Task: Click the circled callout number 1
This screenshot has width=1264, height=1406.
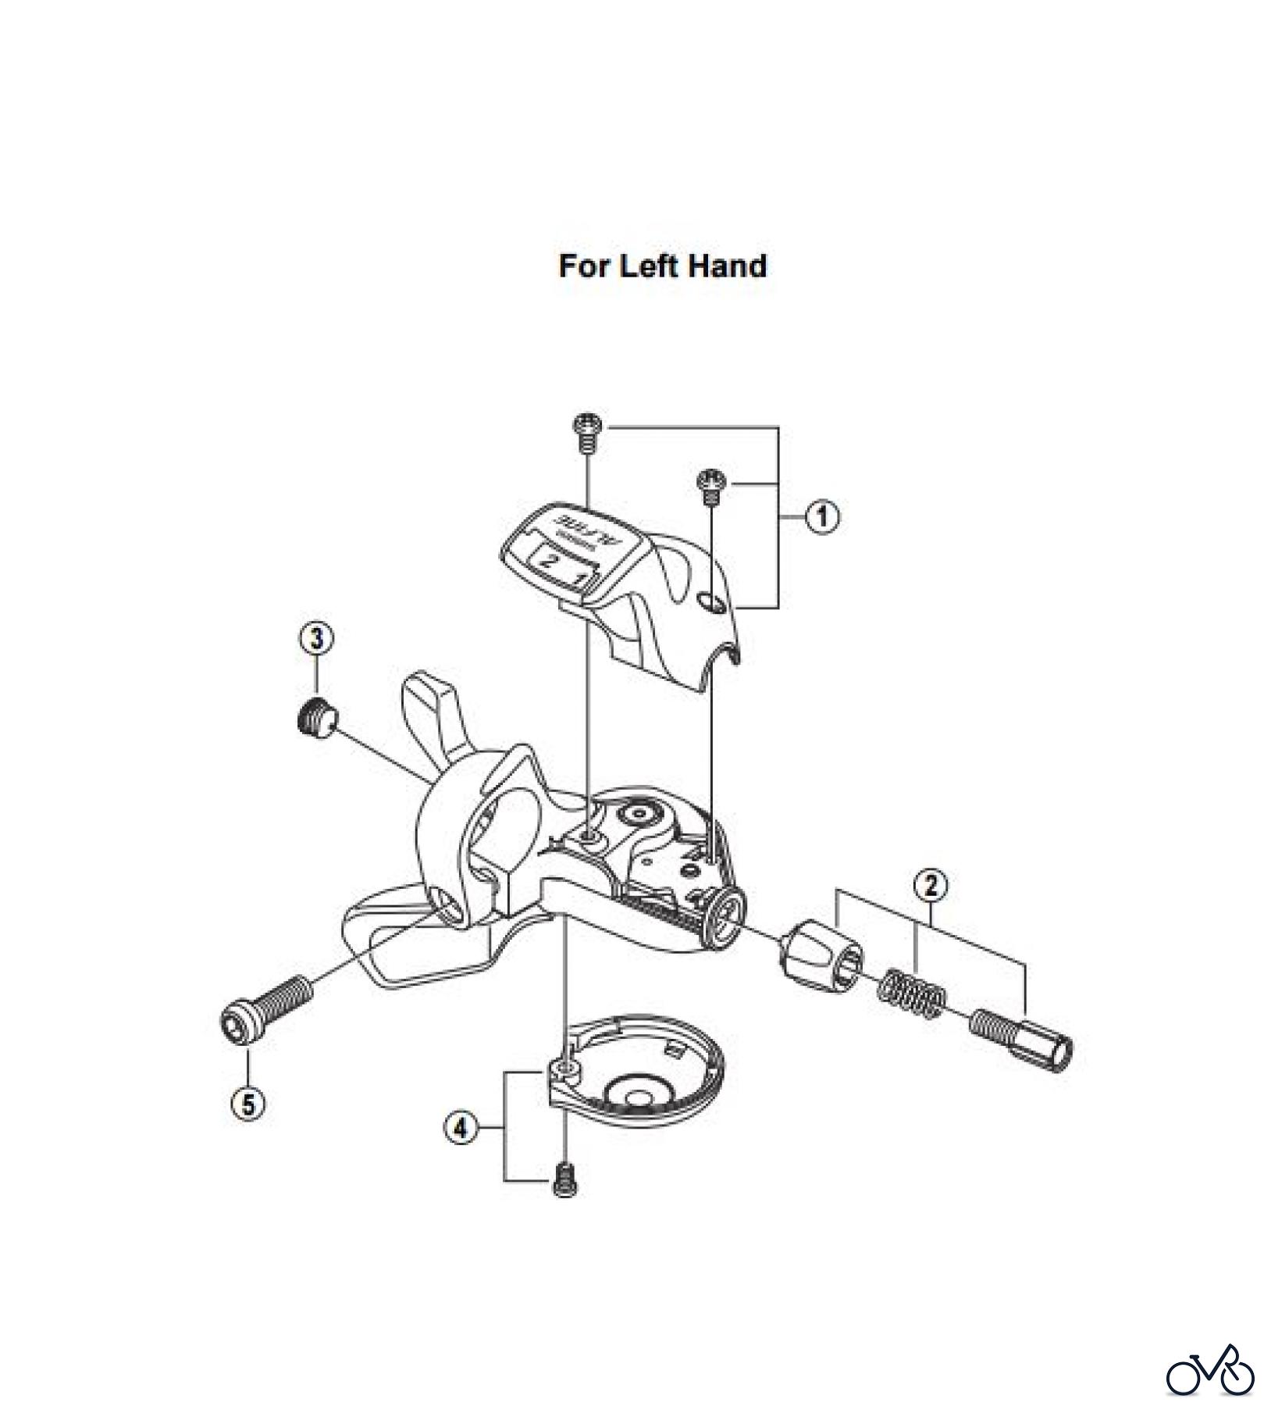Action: click(x=821, y=517)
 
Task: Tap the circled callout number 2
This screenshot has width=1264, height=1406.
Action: click(x=931, y=886)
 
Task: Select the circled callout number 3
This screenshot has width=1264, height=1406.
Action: click(x=316, y=638)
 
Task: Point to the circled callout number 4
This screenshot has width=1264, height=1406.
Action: click(x=461, y=1129)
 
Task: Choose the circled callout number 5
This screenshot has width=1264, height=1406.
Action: click(x=248, y=1104)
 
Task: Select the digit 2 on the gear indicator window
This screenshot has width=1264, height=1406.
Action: click(x=550, y=559)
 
